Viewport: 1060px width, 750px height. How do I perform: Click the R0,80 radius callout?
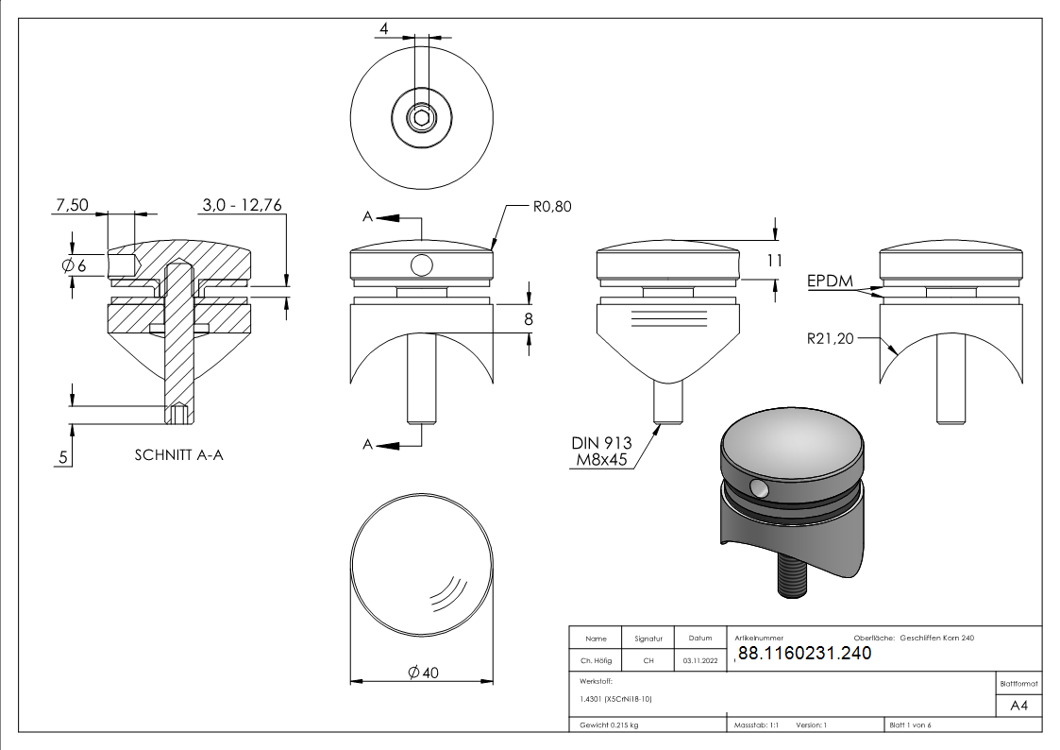click(x=552, y=206)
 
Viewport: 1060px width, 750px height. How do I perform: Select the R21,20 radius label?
click(x=830, y=337)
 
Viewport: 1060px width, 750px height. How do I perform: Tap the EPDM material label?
click(x=829, y=281)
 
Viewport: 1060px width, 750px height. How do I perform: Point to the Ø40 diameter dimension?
click(x=423, y=672)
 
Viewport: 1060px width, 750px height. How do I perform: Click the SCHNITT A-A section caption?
click(x=179, y=454)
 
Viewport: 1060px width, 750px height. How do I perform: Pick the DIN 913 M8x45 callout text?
click(x=601, y=452)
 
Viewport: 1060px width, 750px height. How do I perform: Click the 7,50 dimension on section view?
click(x=73, y=205)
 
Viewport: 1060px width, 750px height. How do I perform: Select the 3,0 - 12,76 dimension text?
click(x=242, y=205)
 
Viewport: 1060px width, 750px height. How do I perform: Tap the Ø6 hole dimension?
click(x=74, y=266)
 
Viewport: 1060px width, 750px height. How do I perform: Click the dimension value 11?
click(x=774, y=262)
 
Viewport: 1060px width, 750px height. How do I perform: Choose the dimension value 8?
click(x=529, y=319)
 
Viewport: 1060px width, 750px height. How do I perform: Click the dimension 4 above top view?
click(x=383, y=29)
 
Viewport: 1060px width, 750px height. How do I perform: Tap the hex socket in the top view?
click(x=421, y=118)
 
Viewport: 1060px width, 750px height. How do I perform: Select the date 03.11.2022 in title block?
click(x=699, y=661)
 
